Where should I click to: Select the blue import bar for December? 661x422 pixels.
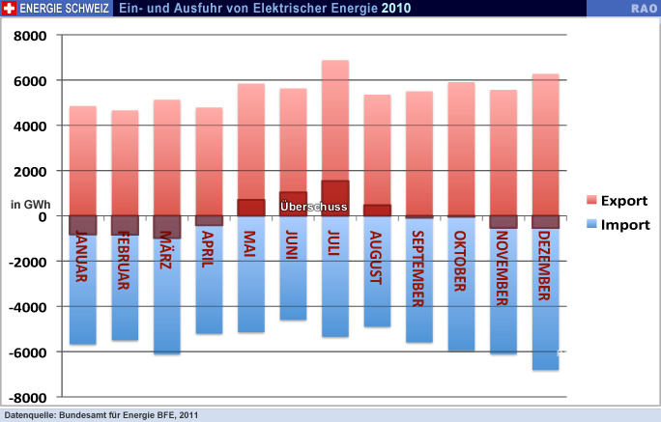pos(545,309)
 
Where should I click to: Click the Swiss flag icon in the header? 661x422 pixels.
pos(11,8)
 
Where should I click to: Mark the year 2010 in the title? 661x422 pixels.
pos(395,8)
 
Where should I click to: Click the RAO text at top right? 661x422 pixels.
pos(645,8)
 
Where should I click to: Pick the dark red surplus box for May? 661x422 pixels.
pos(251,208)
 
